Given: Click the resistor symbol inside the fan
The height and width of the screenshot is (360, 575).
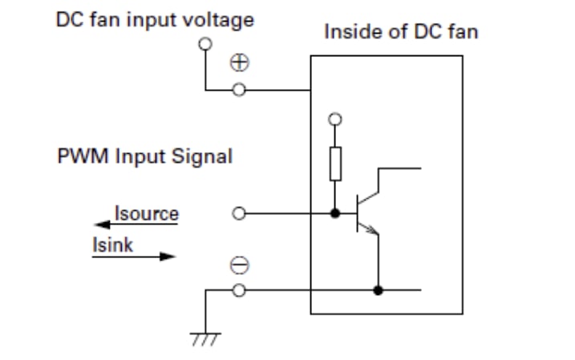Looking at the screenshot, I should [x=335, y=164].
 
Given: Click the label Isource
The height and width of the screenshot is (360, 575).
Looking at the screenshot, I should [x=147, y=213].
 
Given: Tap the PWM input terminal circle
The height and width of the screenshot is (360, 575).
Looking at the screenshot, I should [x=238, y=214].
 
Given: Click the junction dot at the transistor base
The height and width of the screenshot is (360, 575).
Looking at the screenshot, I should [x=335, y=214].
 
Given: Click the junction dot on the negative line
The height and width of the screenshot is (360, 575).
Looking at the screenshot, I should [x=378, y=289].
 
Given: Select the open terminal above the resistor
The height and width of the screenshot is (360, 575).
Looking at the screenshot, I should [x=335, y=119].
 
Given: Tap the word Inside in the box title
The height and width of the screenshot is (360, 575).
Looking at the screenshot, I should [x=347, y=34].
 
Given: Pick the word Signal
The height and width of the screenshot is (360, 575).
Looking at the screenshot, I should [x=203, y=156].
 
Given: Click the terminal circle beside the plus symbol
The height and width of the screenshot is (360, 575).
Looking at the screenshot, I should [x=238, y=90].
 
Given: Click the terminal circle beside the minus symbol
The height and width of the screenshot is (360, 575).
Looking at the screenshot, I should [x=238, y=289].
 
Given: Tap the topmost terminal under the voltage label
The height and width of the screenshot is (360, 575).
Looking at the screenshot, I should [x=206, y=45].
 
